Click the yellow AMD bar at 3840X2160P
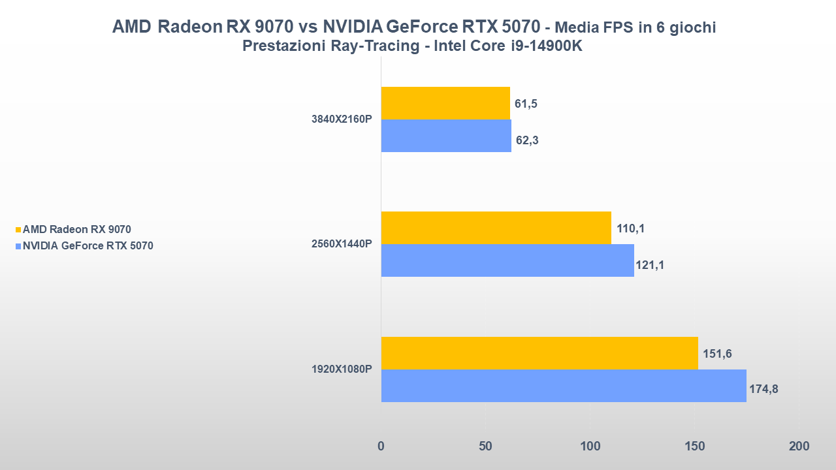click(445, 103)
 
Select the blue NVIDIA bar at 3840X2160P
click(446, 136)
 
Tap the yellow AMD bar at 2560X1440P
click(496, 228)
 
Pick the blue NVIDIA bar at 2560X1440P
click(507, 260)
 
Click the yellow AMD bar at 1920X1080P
click(539, 353)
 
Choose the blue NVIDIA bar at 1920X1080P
click(564, 386)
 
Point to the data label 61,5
click(526, 104)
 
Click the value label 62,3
click(527, 140)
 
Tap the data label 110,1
click(630, 228)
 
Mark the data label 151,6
click(717, 354)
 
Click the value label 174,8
click(764, 390)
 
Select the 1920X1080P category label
click(342, 369)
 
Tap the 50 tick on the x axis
click(485, 446)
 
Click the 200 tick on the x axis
click(798, 446)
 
